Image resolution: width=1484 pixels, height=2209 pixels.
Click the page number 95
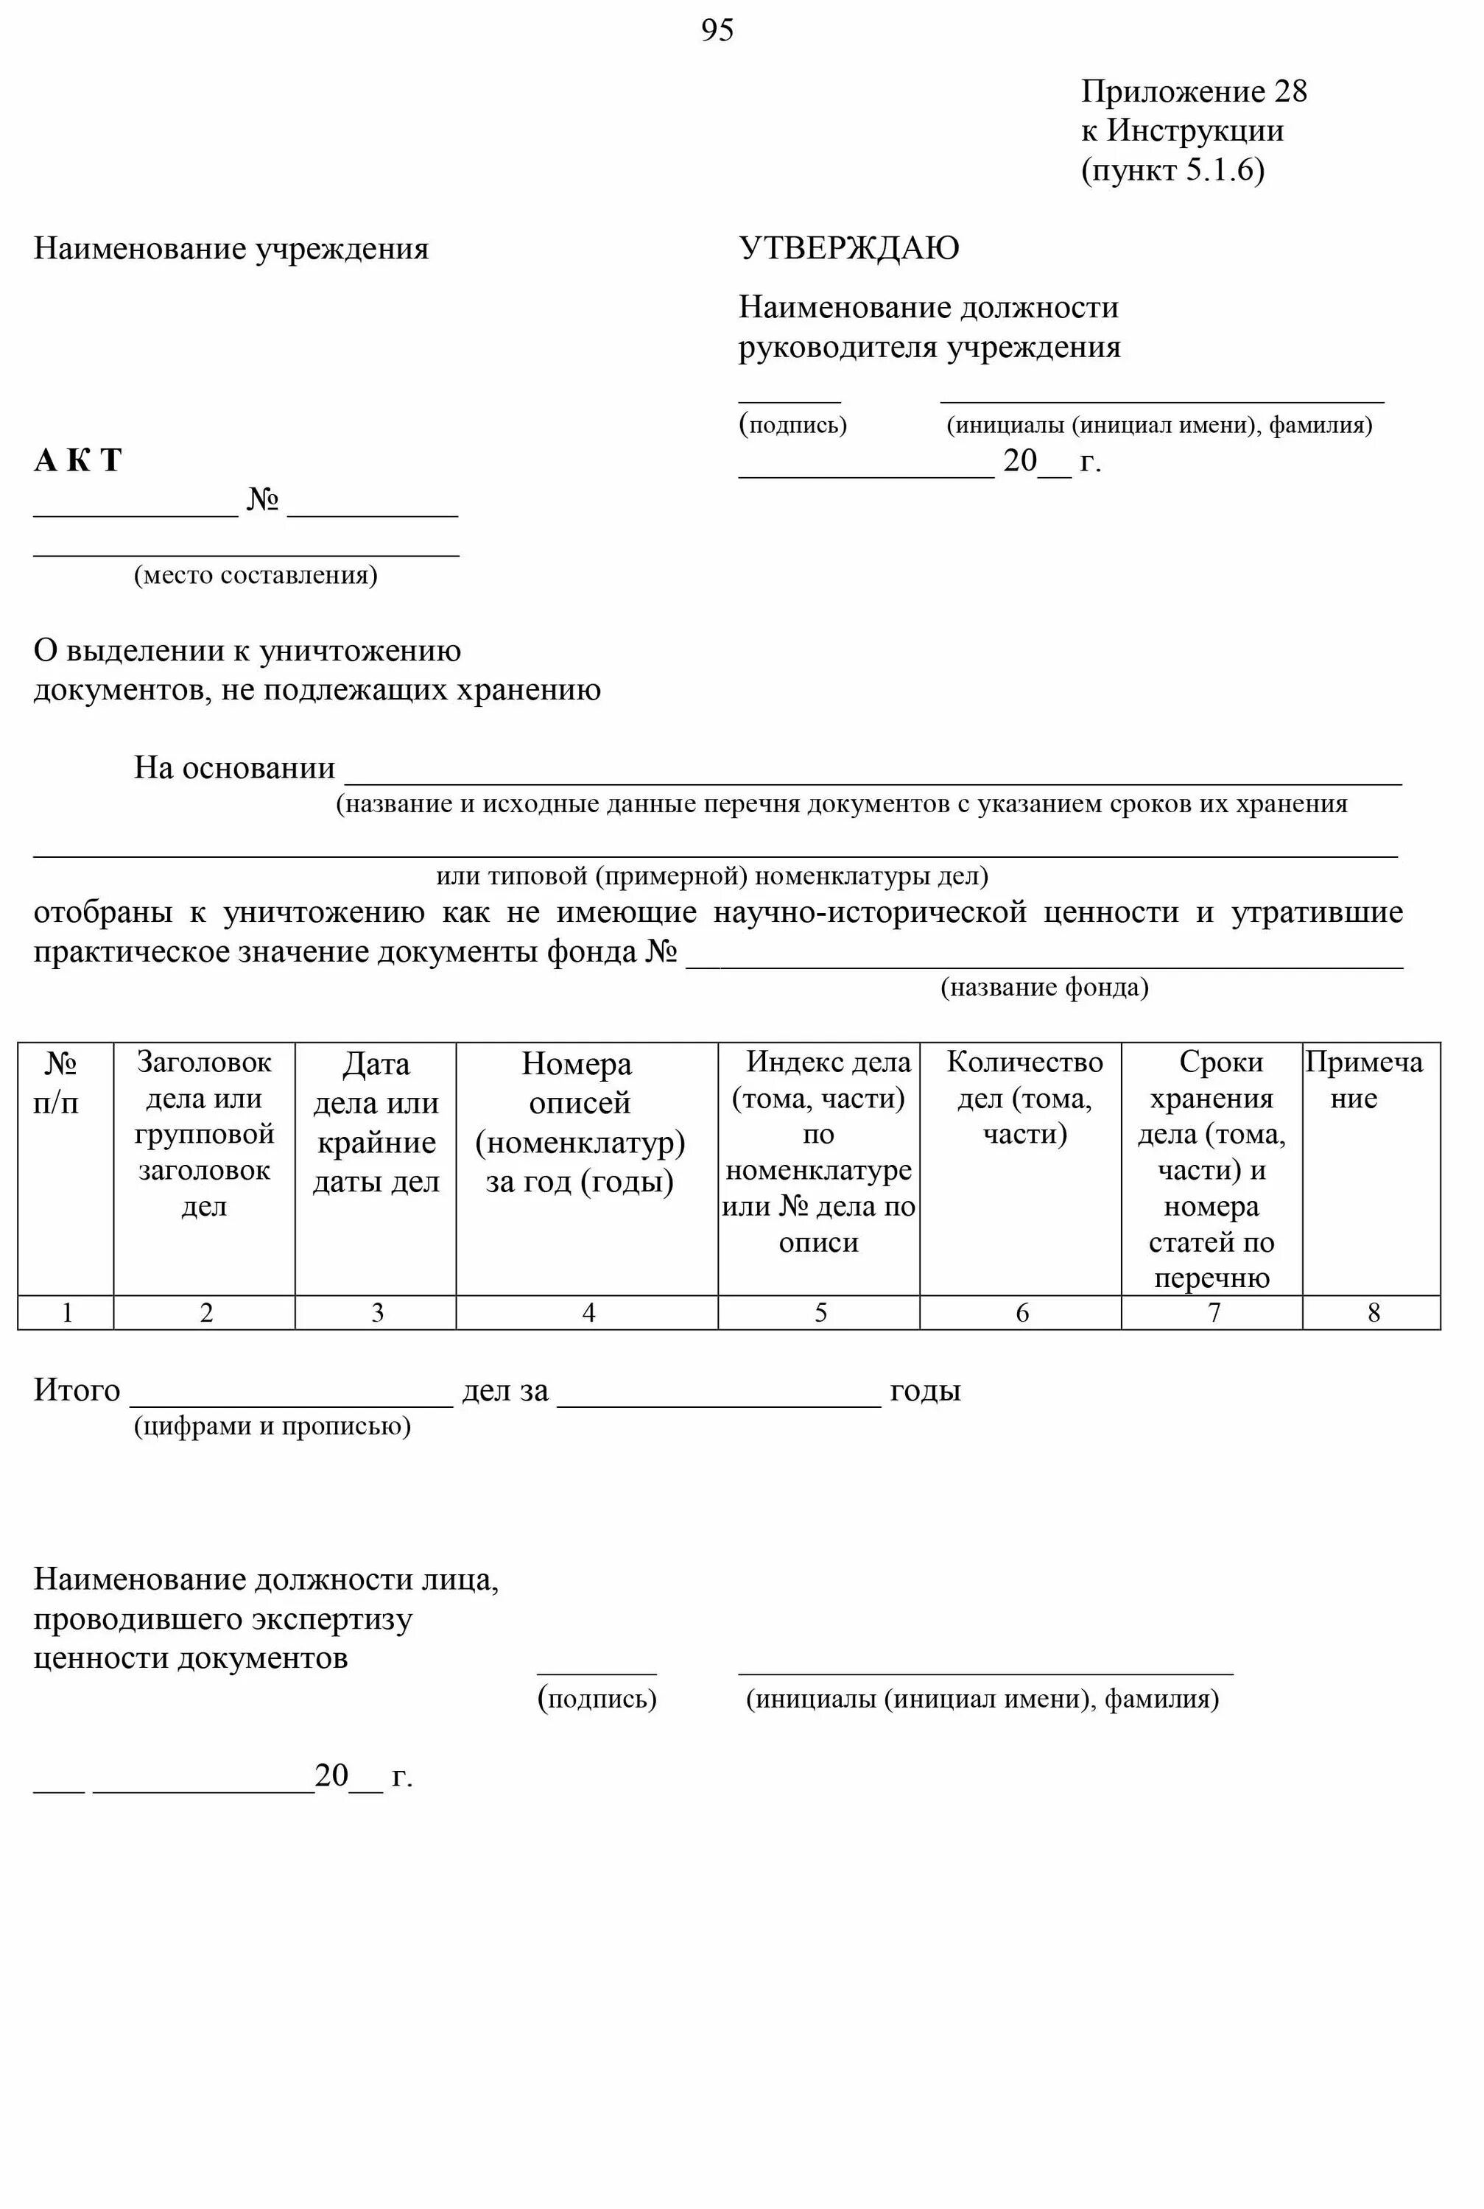[717, 30]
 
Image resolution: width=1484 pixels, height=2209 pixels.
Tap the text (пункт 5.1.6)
[1172, 169]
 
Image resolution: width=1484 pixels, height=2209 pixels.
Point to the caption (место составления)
[256, 575]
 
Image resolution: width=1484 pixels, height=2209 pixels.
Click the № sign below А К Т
[262, 499]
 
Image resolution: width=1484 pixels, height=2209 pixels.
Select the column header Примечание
[1363, 1079]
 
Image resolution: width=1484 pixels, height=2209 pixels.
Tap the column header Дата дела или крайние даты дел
[376, 1122]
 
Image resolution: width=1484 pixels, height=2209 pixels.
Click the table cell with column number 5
[820, 1312]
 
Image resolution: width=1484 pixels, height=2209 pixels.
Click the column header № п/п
[59, 1082]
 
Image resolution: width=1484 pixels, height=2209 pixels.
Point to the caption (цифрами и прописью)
[272, 1426]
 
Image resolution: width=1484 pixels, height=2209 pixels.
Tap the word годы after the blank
[925, 1391]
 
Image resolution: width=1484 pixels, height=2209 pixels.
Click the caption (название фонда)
[1043, 987]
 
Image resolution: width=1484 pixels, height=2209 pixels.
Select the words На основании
[233, 767]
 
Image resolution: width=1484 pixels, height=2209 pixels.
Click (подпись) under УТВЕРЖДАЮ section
[793, 425]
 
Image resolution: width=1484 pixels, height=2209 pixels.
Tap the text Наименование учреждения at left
[231, 248]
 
